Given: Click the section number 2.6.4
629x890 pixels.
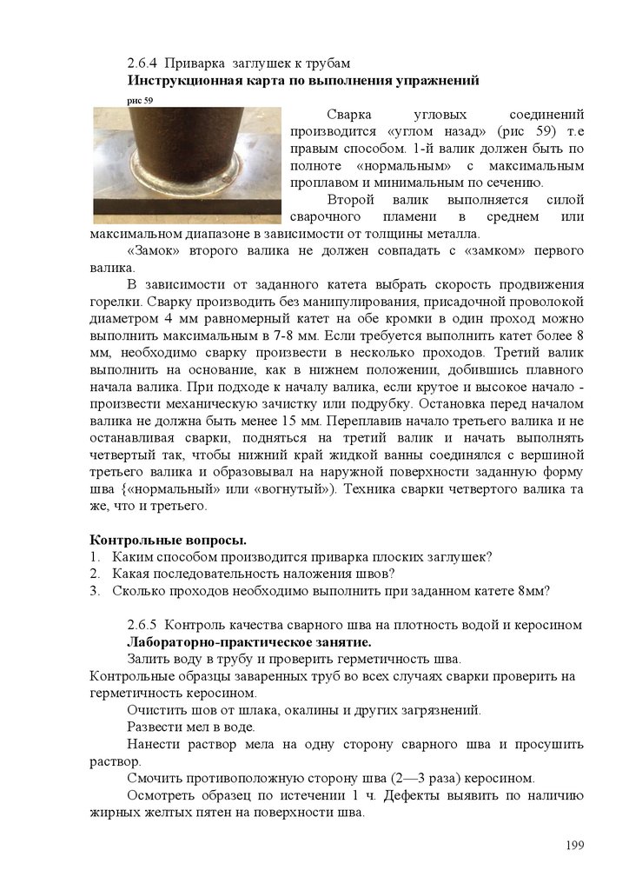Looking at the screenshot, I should point(142,64).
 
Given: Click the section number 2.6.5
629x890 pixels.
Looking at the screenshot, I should point(142,625).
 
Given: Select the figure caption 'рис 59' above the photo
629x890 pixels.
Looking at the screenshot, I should point(140,101).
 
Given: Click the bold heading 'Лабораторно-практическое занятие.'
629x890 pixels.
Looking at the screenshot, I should point(248,642).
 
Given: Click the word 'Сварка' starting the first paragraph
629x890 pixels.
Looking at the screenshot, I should point(348,115).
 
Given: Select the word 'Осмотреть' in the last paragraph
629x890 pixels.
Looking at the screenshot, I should point(160,795).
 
